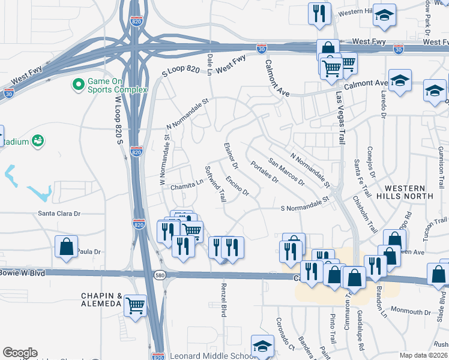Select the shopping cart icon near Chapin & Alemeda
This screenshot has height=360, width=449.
136,305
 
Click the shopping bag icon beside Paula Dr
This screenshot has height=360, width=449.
66,247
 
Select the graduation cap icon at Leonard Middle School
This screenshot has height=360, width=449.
262,347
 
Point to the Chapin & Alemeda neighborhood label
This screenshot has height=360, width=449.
102,300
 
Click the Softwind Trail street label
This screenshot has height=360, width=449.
215,183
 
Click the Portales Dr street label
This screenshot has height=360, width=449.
265,172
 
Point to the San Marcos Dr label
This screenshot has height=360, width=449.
286,172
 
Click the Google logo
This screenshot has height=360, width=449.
20,353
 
